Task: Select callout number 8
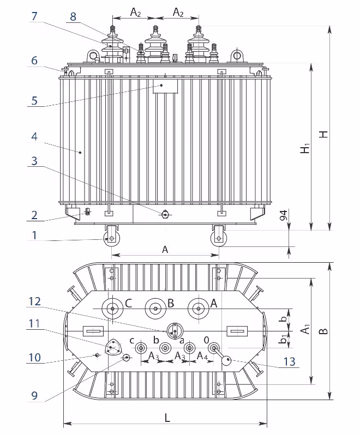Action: (73, 16)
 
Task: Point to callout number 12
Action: (34, 301)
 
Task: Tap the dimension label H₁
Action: (305, 148)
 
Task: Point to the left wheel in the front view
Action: (111, 239)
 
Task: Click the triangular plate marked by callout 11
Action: (113, 348)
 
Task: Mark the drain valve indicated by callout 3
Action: (165, 214)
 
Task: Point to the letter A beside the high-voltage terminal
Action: (213, 303)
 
